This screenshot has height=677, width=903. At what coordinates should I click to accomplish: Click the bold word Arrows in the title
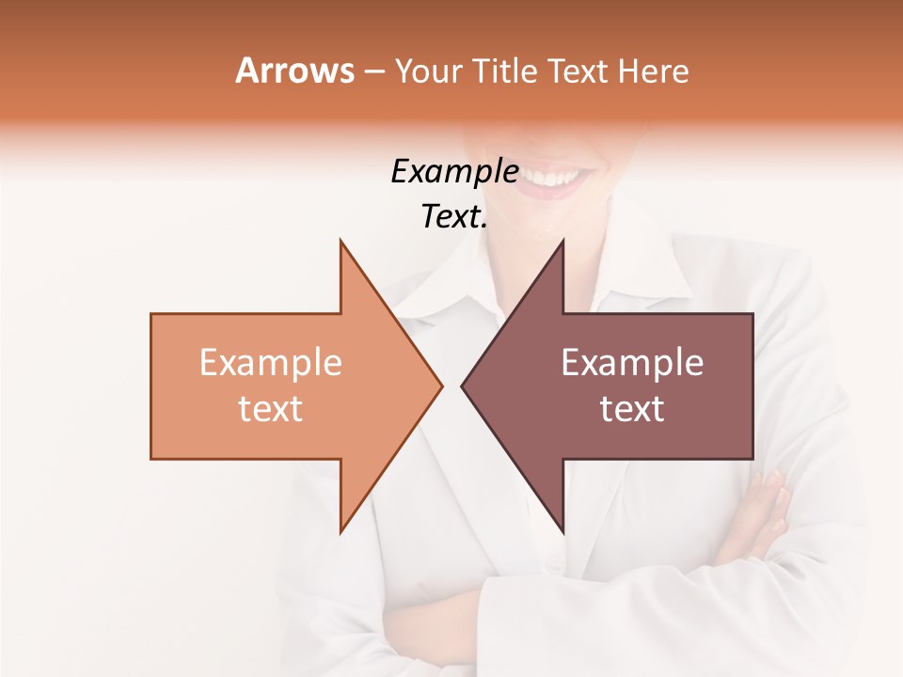point(294,71)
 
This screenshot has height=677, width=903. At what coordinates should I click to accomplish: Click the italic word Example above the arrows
point(454,171)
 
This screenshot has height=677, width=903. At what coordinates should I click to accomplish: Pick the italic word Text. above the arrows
point(454,217)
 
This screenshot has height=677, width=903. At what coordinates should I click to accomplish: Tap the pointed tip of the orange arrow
point(439,386)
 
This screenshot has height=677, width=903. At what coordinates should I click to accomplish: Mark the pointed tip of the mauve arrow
point(464,386)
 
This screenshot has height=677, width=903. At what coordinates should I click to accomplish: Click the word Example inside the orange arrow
point(271,363)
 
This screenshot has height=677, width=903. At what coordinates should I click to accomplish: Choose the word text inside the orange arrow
point(271,409)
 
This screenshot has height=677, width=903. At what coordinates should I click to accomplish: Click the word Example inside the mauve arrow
point(632,363)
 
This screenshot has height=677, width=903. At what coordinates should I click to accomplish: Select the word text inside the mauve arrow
point(632,409)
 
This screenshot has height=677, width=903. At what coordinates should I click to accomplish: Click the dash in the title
point(373,71)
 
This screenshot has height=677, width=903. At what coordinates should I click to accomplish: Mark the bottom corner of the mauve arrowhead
point(562,531)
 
